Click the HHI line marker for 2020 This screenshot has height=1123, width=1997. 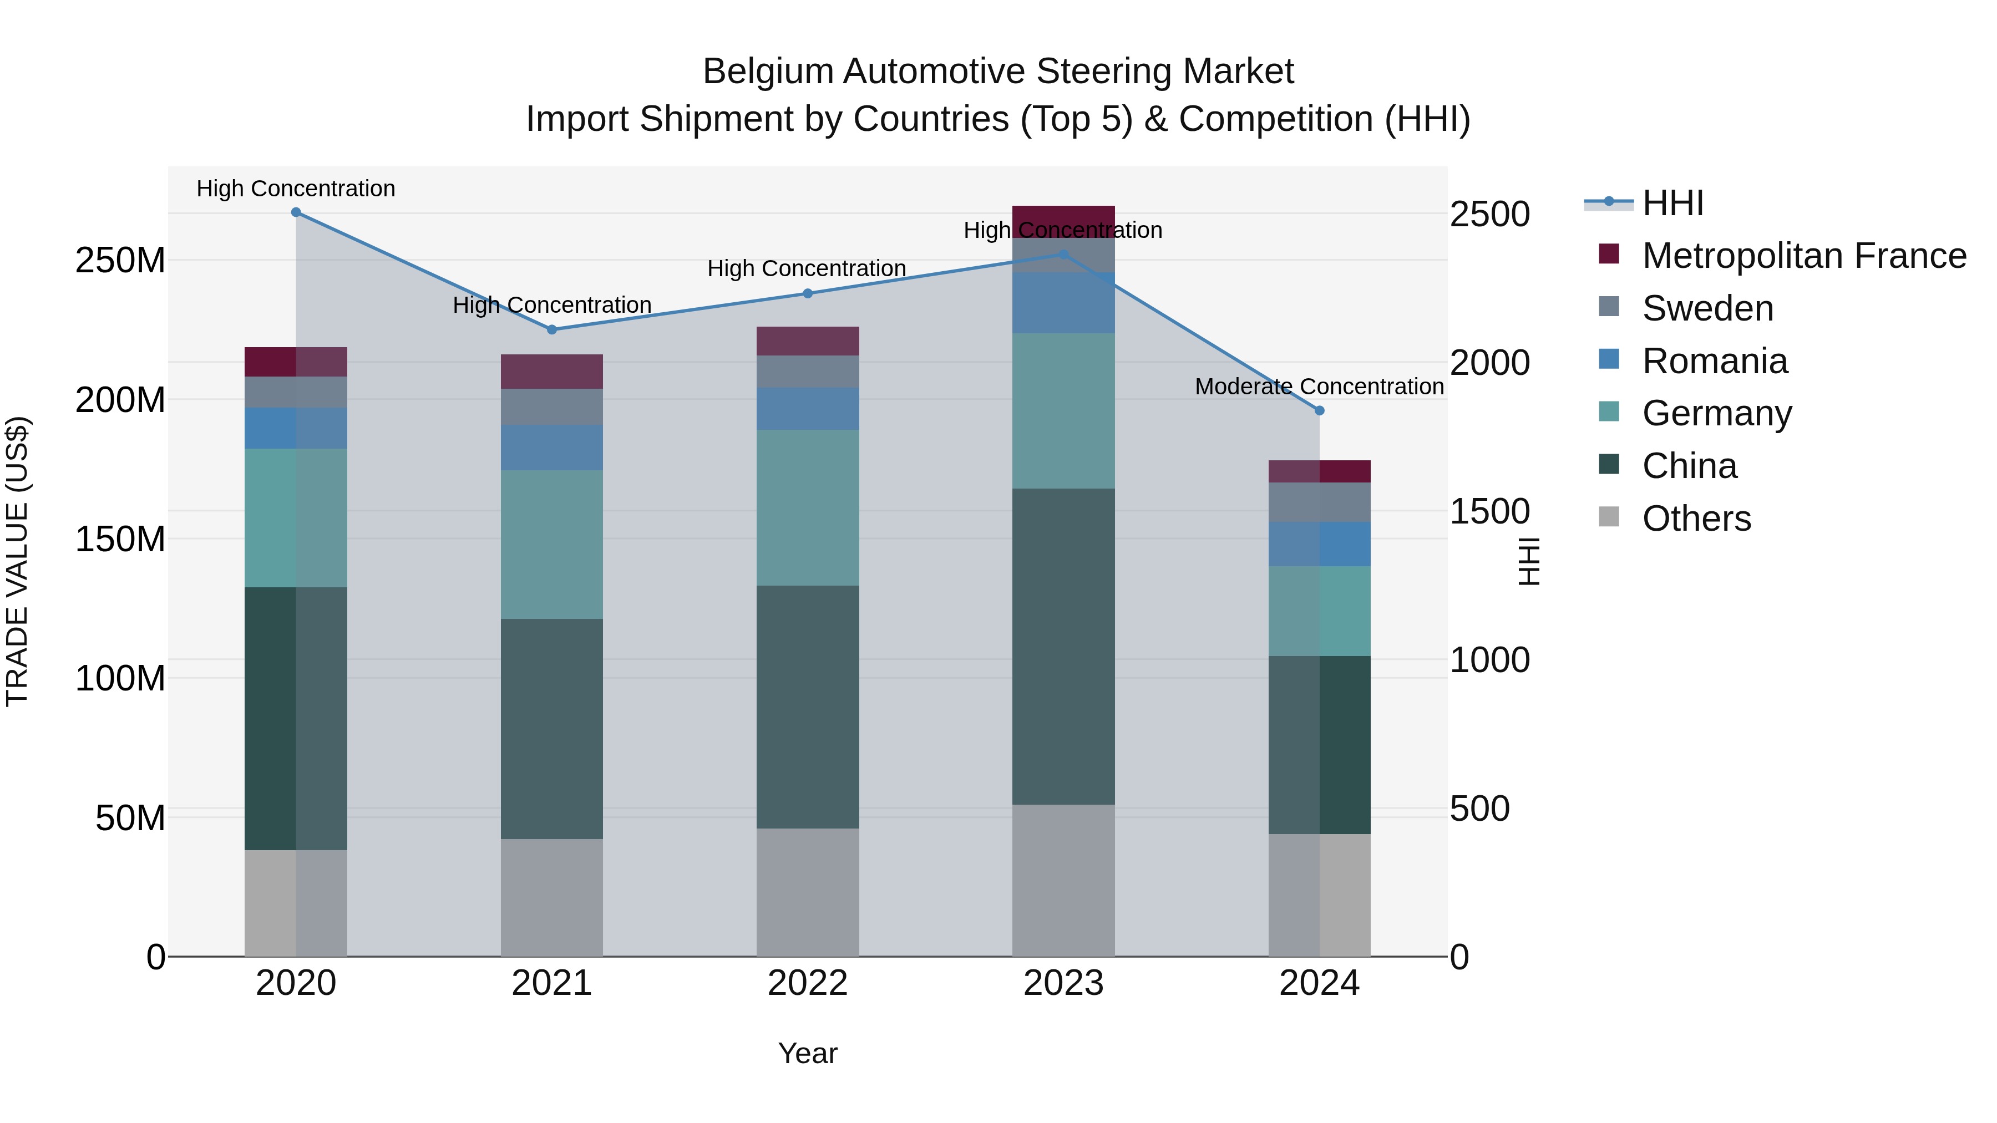(296, 212)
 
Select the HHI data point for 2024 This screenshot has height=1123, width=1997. (1320, 411)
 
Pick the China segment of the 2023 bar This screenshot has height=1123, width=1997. (1063, 647)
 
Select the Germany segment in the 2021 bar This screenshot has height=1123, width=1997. (552, 544)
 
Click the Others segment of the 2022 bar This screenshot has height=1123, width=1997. (808, 892)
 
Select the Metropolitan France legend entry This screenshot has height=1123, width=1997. (1803, 256)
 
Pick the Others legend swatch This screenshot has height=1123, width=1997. (1609, 517)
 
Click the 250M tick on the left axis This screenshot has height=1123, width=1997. (120, 261)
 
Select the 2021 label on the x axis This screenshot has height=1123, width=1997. (552, 983)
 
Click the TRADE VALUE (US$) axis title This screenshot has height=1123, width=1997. (17, 561)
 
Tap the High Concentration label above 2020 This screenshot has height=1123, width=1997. (296, 189)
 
